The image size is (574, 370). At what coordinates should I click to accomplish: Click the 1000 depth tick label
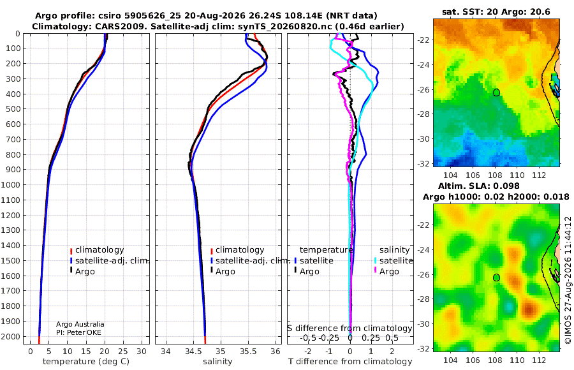click(x=10, y=184)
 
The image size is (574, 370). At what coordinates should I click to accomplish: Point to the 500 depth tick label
click(x=13, y=109)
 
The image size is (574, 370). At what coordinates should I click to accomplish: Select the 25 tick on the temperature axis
click(x=123, y=352)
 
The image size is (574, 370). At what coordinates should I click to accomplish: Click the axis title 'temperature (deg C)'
click(x=86, y=362)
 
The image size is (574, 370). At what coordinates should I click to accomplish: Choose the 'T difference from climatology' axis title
click(x=350, y=362)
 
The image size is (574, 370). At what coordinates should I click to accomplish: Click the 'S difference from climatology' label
click(x=350, y=329)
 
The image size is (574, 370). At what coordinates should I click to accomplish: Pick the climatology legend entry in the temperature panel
click(x=97, y=250)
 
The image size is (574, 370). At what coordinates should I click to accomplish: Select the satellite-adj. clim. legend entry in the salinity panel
click(x=251, y=261)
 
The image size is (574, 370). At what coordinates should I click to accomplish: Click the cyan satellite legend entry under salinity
click(x=394, y=261)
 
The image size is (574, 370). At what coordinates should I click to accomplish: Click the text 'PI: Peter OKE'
click(x=78, y=332)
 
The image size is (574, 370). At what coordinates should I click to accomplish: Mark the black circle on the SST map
click(x=496, y=93)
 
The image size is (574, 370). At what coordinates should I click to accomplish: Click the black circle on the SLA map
click(x=496, y=277)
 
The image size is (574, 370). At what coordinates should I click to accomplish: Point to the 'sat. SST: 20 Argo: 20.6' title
click(x=496, y=11)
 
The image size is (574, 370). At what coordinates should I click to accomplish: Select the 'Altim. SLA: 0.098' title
click(x=479, y=186)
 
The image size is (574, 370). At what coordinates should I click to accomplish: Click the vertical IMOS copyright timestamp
click(x=568, y=280)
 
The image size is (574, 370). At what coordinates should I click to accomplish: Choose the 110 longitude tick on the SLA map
click(x=517, y=360)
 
